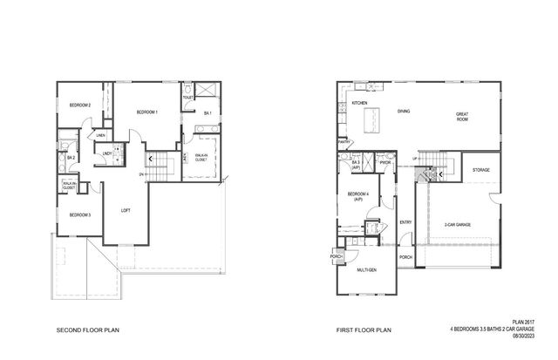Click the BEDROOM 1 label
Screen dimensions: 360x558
coord(146,112)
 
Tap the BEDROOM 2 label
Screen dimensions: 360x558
coord(79,105)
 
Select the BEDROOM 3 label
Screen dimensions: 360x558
coord(80,214)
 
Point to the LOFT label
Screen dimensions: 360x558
coord(126,209)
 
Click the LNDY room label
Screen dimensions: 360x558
coord(107,154)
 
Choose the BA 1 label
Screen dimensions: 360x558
coord(208,113)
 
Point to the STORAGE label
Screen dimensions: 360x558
coord(480,170)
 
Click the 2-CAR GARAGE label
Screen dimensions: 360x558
coord(457,224)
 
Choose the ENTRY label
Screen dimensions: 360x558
coord(405,221)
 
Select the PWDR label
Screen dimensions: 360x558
coord(384,162)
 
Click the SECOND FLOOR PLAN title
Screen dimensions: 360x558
coord(87,331)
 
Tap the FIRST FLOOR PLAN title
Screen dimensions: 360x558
coord(364,331)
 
